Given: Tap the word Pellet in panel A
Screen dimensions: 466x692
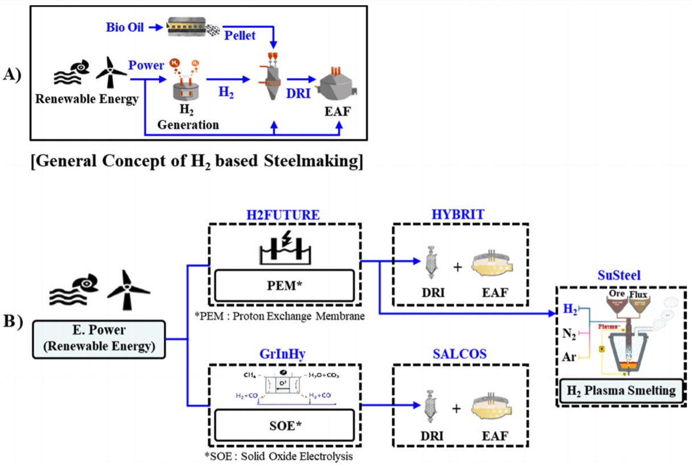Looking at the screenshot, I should tap(240, 35).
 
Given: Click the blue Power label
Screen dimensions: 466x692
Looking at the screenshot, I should tap(146, 65).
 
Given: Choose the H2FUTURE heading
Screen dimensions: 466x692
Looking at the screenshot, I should tap(283, 214).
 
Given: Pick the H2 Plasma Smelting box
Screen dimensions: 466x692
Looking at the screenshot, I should tap(620, 391).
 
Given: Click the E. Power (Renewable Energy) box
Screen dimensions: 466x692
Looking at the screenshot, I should tap(99, 340).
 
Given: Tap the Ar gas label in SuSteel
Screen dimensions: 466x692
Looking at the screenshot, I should tap(570, 358).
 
